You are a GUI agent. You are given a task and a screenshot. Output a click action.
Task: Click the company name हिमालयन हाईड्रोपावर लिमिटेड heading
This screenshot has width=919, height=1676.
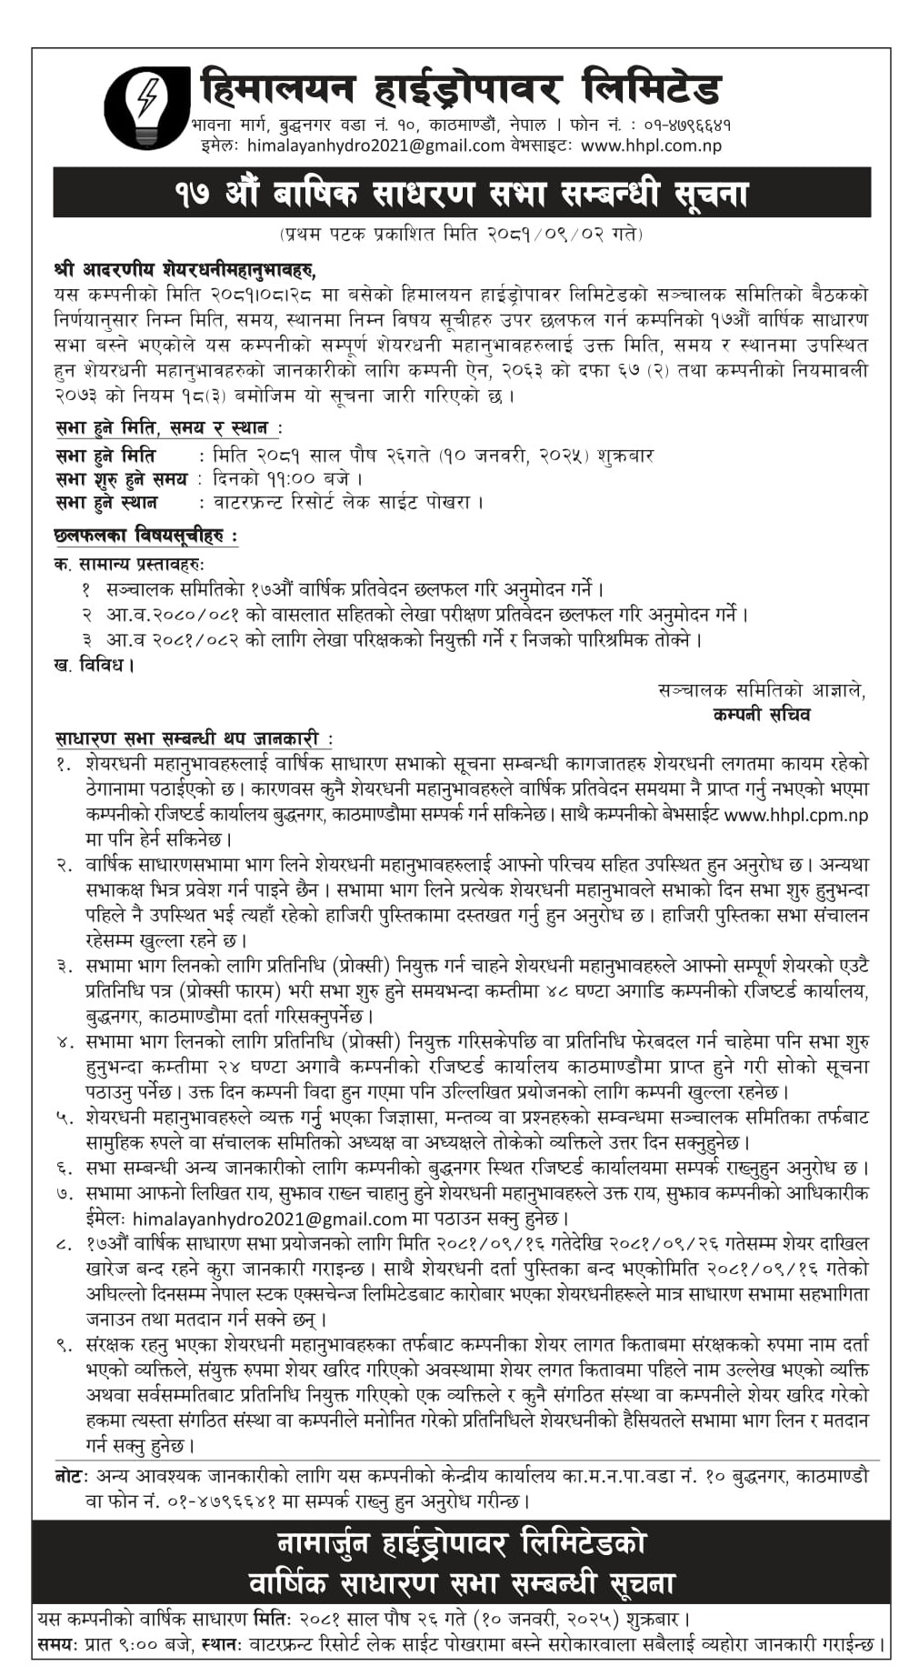[460, 89]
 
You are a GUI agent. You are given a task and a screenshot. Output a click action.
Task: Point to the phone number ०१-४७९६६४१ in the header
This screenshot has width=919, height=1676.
[678, 124]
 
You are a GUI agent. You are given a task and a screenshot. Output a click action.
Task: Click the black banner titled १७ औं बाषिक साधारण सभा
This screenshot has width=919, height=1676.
[462, 193]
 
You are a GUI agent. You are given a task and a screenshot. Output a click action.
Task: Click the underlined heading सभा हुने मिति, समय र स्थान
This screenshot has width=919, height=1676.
[167, 427]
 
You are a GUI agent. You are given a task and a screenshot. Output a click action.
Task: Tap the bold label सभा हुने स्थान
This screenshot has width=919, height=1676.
[106, 502]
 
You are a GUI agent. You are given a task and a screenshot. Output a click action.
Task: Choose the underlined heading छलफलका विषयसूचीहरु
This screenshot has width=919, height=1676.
[145, 536]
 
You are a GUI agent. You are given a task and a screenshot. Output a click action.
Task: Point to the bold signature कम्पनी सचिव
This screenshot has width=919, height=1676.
[762, 714]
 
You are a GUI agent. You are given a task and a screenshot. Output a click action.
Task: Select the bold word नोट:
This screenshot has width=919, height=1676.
[70, 1476]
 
